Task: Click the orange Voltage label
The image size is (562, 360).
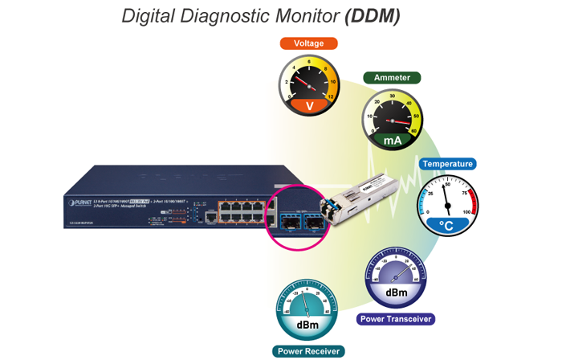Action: pos(308,43)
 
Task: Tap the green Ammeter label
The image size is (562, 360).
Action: pos(392,78)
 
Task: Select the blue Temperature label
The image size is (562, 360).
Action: pos(447,164)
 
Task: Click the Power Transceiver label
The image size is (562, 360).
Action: pos(396,319)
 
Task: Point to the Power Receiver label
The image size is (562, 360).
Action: pos(309,350)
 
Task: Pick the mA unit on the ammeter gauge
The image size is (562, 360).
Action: pos(392,141)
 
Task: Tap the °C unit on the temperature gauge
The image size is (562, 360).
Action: pos(447,227)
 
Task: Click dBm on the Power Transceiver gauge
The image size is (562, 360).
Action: pos(396,292)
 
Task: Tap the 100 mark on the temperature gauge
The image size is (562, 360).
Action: pos(466,212)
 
